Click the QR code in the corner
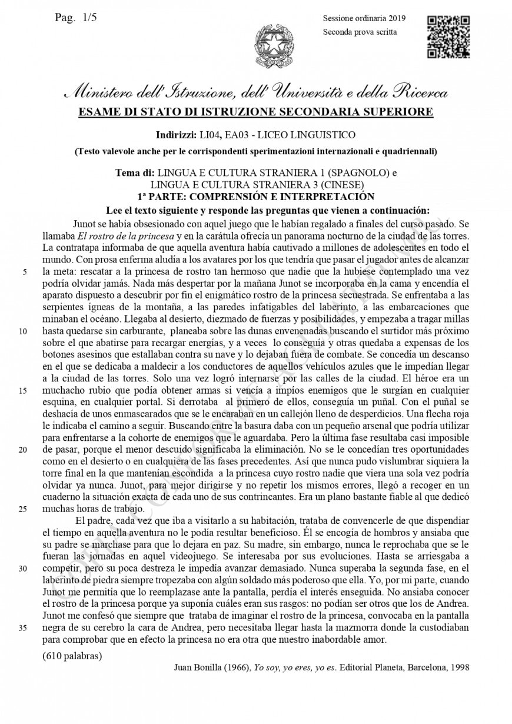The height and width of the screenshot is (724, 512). pos(448,36)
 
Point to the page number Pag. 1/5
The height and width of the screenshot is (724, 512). pos(76,18)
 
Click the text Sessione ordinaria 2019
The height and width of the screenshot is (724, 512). pos(364,19)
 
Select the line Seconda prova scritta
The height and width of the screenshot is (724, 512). pos(360,32)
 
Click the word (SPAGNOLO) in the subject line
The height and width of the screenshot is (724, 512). pos(356,174)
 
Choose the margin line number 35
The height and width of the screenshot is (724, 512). pos(24,628)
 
